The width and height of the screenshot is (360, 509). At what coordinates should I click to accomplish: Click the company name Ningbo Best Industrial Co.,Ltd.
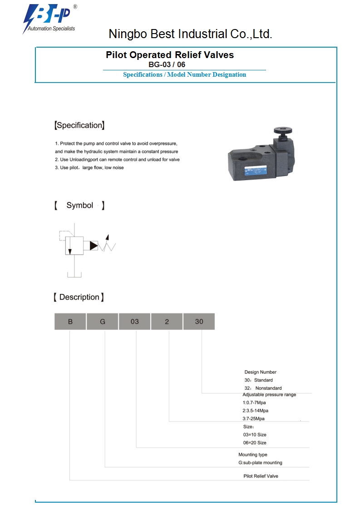pyautogui.click(x=190, y=34)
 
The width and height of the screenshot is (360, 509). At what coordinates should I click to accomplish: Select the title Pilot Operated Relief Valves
pyautogui.click(x=170, y=55)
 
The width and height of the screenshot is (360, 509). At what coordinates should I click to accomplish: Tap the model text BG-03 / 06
pyautogui.click(x=167, y=65)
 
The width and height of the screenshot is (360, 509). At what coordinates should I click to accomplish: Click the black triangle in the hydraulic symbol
pyautogui.click(x=94, y=245)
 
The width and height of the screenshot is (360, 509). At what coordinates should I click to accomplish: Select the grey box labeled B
pyautogui.click(x=70, y=322)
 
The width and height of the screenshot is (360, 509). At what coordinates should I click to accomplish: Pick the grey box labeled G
pyautogui.click(x=103, y=322)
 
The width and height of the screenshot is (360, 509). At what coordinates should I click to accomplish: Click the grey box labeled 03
pyautogui.click(x=134, y=322)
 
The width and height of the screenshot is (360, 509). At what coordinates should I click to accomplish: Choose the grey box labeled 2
pyautogui.click(x=167, y=322)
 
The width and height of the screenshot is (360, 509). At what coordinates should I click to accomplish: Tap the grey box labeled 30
pyautogui.click(x=199, y=322)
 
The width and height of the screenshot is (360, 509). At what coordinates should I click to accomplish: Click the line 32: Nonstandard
pyautogui.click(x=263, y=388)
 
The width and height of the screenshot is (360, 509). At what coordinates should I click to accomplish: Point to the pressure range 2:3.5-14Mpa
pyautogui.click(x=255, y=411)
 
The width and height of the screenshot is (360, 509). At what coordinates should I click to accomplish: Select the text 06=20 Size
pyautogui.click(x=255, y=443)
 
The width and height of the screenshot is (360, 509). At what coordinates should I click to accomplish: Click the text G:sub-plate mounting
pyautogui.click(x=260, y=463)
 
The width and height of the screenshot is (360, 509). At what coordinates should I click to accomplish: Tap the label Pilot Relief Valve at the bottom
pyautogui.click(x=261, y=476)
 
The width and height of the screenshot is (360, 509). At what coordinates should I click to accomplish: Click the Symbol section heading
pyautogui.click(x=79, y=206)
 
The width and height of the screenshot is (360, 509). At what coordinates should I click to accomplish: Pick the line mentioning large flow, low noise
pyautogui.click(x=89, y=168)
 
